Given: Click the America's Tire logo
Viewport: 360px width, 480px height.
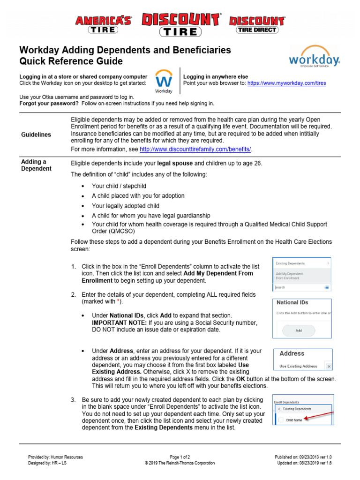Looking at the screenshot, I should pyautogui.click(x=104, y=24).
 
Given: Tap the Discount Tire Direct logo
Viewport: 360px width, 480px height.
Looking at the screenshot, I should pyautogui.click(x=256, y=24).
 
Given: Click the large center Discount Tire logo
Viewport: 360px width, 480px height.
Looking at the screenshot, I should pyautogui.click(x=180, y=24).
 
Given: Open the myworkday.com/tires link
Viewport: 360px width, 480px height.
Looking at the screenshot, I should pyautogui.click(x=286, y=83).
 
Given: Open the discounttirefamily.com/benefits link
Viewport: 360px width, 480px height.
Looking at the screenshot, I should pyautogui.click(x=195, y=149).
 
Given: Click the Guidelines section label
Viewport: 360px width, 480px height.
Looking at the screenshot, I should pyautogui.click(x=36, y=135).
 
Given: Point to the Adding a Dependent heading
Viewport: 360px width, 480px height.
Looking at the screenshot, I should pyautogui.click(x=36, y=165).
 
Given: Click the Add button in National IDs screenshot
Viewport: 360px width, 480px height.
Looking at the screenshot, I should pyautogui.click(x=299, y=330).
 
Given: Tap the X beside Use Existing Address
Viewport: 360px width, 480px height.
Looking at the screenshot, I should pyautogui.click(x=329, y=366).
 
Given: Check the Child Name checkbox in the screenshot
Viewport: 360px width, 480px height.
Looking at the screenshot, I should pyautogui.click(x=281, y=420).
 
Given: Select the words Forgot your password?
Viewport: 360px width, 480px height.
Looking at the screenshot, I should pyautogui.click(x=48, y=103).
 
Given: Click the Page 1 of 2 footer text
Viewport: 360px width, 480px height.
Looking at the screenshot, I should pyautogui.click(x=180, y=457).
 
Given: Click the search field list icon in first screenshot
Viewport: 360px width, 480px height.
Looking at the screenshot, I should pyautogui.click(x=327, y=287).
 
